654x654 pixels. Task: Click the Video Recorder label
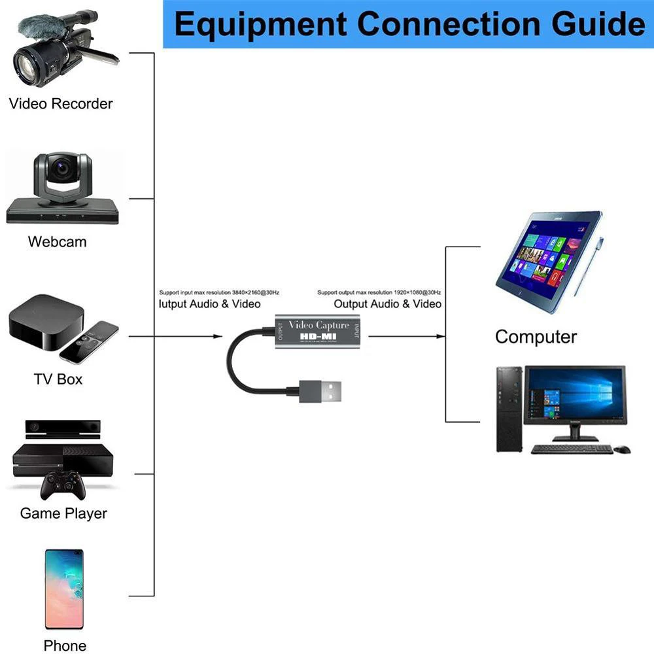[60, 103]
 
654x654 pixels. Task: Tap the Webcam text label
[57, 241]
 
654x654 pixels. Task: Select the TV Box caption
[58, 379]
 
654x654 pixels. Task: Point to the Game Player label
[63, 513]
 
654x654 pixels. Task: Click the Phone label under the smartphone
[65, 645]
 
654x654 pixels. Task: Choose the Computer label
[536, 337]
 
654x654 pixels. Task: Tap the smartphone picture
[64, 589]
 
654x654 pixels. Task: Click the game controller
[62, 487]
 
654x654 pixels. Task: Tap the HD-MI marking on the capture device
[318, 337]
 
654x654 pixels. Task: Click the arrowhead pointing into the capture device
[218, 336]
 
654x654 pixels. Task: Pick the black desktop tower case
[509, 409]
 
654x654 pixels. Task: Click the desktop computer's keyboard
[572, 449]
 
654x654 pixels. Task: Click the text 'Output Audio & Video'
[387, 303]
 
